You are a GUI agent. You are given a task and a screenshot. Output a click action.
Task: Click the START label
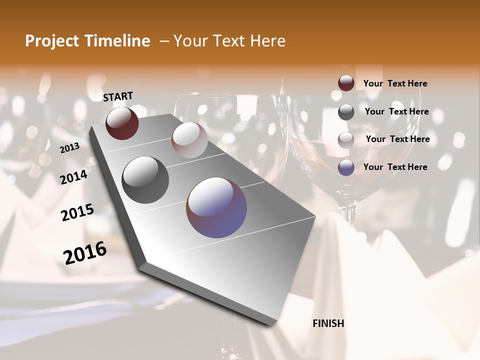pyautogui.click(x=118, y=96)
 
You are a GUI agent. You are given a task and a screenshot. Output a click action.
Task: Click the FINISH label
pyautogui.click(x=328, y=323)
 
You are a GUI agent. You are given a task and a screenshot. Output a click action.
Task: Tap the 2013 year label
pyautogui.click(x=70, y=148)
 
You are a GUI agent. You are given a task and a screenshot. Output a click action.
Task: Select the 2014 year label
pyautogui.click(x=73, y=177)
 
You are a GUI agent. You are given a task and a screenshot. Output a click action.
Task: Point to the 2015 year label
pyautogui.click(x=77, y=212)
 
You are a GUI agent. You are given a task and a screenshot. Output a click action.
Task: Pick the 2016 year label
pyautogui.click(x=85, y=252)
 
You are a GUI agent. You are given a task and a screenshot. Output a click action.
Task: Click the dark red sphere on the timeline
pyautogui.click(x=122, y=123)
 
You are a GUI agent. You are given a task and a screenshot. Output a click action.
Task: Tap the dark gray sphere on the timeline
pyautogui.click(x=145, y=180)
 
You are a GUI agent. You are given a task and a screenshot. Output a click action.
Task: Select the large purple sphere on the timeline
pyautogui.click(x=216, y=207)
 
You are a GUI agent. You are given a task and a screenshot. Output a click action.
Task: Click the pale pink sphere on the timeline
pyautogui.click(x=189, y=140)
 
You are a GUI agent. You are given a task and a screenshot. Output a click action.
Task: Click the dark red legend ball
pyautogui.click(x=346, y=83)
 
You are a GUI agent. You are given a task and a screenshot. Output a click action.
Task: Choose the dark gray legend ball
pyautogui.click(x=346, y=112)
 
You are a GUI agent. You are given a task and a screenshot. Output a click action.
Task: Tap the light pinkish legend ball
pyautogui.click(x=346, y=140)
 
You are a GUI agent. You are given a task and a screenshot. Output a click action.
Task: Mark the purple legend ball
pyautogui.click(x=346, y=167)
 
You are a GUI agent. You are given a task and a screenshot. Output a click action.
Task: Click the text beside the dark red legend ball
pyautogui.click(x=395, y=84)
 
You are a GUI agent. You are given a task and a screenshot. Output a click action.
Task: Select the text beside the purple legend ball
pyautogui.click(x=395, y=167)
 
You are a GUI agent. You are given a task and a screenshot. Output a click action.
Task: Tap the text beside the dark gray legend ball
pyautogui.click(x=396, y=111)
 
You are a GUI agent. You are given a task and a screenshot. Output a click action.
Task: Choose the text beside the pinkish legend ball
pyautogui.click(x=397, y=139)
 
